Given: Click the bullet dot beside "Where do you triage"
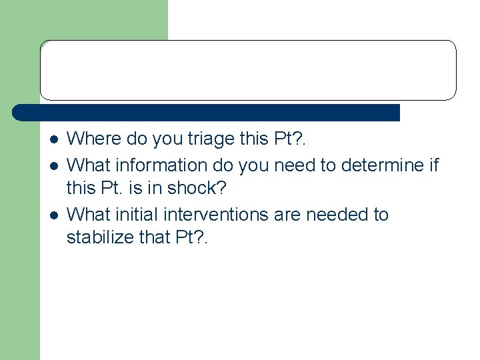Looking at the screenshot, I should pyautogui.click(x=53, y=140).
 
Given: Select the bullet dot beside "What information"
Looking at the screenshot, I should pyautogui.click(x=53, y=165).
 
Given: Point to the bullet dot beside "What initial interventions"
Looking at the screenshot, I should pyautogui.click(x=53, y=215).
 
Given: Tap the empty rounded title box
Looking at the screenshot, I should pyautogui.click(x=248, y=70).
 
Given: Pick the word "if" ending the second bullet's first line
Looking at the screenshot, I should pyautogui.click(x=433, y=164).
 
